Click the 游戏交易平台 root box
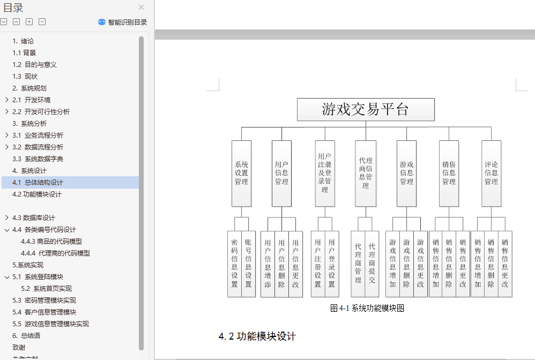[x=366, y=109]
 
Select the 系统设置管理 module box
[x=242, y=173]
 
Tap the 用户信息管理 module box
[x=282, y=173]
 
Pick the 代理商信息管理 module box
[x=366, y=173]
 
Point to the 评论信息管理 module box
[x=492, y=173]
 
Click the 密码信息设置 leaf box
[x=234, y=264]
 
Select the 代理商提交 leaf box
[x=372, y=264]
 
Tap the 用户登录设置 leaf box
[x=332, y=264]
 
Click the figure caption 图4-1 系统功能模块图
[x=367, y=308]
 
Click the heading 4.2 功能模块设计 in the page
[x=257, y=336]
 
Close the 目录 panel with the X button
[x=142, y=7]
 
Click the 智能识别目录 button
[x=122, y=22]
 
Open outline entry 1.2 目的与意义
[x=34, y=64]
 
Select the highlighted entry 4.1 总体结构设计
[x=38, y=182]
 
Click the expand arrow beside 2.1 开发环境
[x=7, y=100]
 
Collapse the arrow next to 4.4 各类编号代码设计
[x=7, y=230]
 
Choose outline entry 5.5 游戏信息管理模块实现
[x=50, y=324]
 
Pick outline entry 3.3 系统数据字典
[x=38, y=159]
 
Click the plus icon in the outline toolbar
[x=29, y=22]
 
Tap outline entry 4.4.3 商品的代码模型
[x=51, y=242]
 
